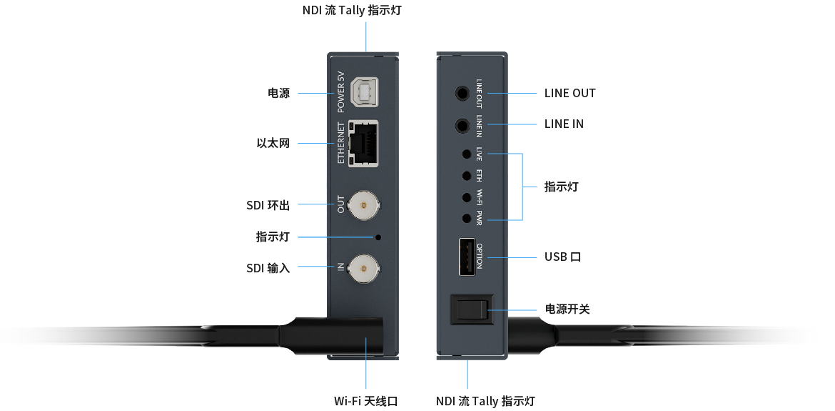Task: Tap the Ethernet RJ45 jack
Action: click(363, 144)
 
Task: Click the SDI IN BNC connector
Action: click(363, 268)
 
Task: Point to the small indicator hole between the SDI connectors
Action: click(378, 237)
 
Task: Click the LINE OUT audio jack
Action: click(465, 93)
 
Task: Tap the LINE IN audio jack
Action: click(465, 126)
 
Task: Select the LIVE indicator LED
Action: click(466, 154)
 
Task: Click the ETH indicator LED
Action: click(466, 175)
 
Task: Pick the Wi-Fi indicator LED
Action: click(466, 197)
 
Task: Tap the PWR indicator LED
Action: click(466, 219)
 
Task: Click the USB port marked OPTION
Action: click(466, 257)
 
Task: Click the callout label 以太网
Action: click(273, 144)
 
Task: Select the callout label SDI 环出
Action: click(268, 206)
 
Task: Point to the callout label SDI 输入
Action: click(268, 268)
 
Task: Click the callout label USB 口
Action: click(562, 257)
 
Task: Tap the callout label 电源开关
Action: click(567, 310)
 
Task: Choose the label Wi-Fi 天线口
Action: click(365, 401)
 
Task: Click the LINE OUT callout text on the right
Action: click(570, 93)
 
